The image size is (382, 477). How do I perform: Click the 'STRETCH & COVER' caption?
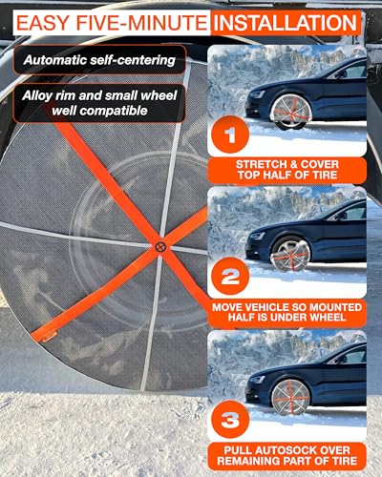(x=287, y=163)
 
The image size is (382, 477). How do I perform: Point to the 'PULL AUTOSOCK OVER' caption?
(x=287, y=448)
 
